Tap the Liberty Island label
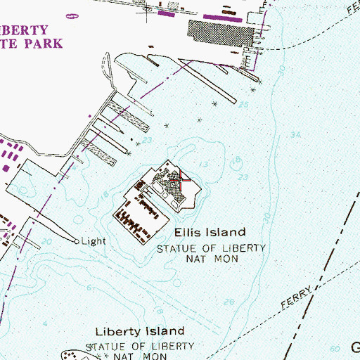(140, 330)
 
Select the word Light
(94, 240)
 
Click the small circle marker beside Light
(77, 240)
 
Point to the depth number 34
(295, 135)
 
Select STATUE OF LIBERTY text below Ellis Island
(211, 248)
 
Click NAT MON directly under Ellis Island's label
(211, 259)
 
